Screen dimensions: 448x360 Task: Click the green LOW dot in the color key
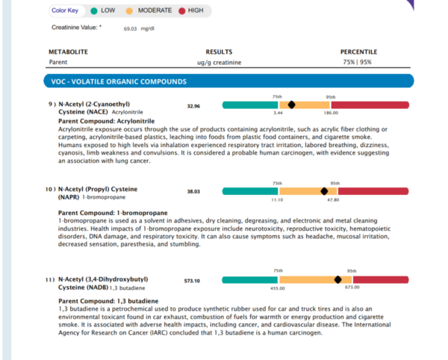point(94,11)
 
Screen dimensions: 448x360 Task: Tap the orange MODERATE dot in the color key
point(129,11)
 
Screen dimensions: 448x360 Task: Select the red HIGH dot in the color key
point(182,11)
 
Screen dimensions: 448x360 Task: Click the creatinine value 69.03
point(130,28)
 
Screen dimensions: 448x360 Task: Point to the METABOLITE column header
point(68,52)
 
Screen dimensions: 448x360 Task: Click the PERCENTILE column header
point(358,52)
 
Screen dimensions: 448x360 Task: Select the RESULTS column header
point(219,52)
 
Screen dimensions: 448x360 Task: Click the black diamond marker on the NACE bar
point(291,105)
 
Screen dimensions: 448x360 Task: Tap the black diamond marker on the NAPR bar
point(324,191)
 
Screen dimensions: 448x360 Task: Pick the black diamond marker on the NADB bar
point(337,279)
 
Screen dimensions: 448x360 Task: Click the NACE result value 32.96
point(193,106)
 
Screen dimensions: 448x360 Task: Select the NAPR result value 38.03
point(193,191)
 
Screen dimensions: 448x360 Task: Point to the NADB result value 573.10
point(192,281)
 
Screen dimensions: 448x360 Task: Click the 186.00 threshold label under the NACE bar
point(331,113)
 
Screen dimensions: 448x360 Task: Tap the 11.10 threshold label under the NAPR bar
point(277,199)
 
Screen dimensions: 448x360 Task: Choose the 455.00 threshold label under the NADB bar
point(278,288)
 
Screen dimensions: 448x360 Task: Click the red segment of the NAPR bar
point(373,191)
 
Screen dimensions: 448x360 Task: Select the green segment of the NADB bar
point(250,280)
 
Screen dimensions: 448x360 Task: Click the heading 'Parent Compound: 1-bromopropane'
point(113,213)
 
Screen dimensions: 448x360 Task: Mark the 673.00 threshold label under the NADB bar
point(352,287)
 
